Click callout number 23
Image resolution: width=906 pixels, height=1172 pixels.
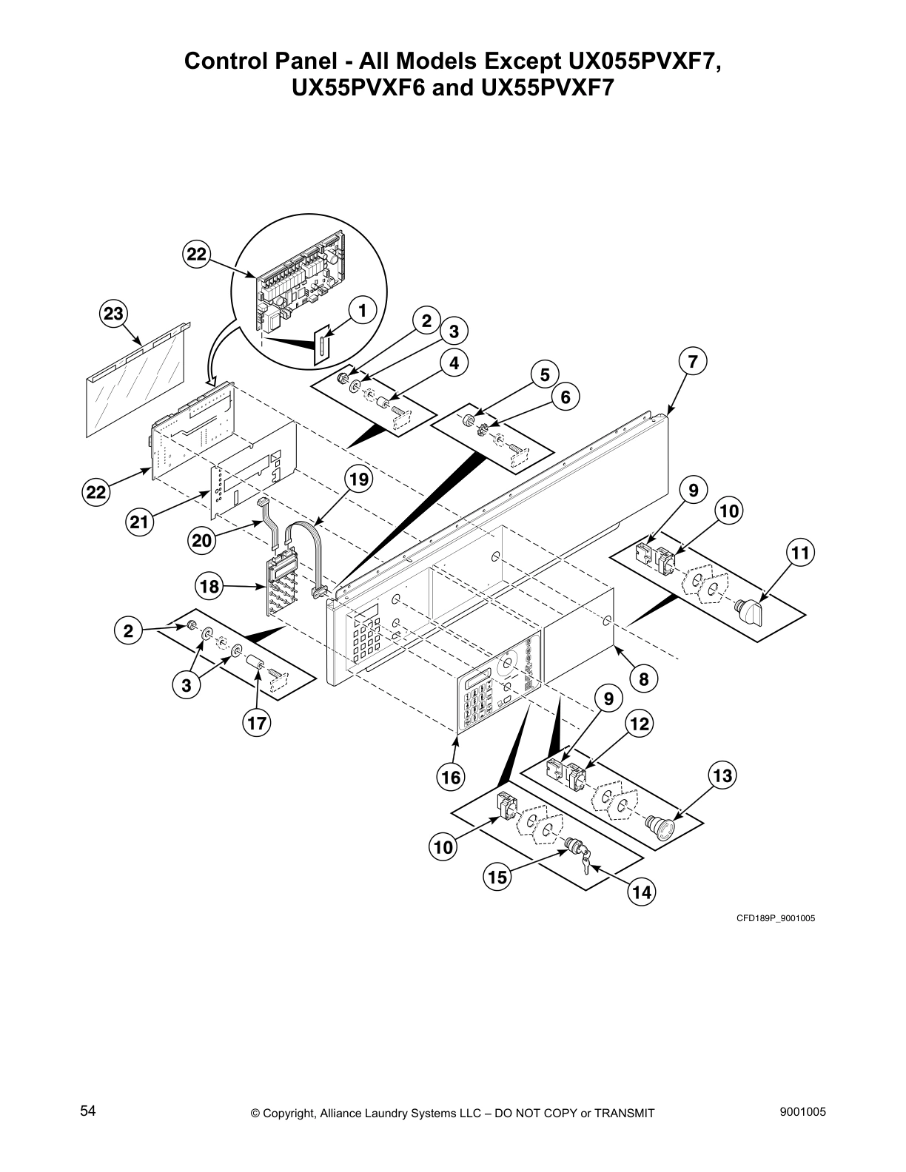pyautogui.click(x=113, y=314)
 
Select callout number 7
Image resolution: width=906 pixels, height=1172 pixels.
pyautogui.click(x=692, y=362)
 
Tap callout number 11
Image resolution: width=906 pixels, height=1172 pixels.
pyautogui.click(x=800, y=552)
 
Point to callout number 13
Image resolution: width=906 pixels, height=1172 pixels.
pyautogui.click(x=722, y=775)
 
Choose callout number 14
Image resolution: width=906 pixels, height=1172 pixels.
pyautogui.click(x=641, y=892)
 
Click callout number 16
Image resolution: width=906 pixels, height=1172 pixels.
pyautogui.click(x=451, y=777)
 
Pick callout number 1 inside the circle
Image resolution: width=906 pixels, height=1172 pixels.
pyautogui.click(x=362, y=311)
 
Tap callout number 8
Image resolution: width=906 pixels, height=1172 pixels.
pyautogui.click(x=643, y=678)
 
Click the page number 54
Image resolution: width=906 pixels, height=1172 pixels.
pyautogui.click(x=88, y=1110)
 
